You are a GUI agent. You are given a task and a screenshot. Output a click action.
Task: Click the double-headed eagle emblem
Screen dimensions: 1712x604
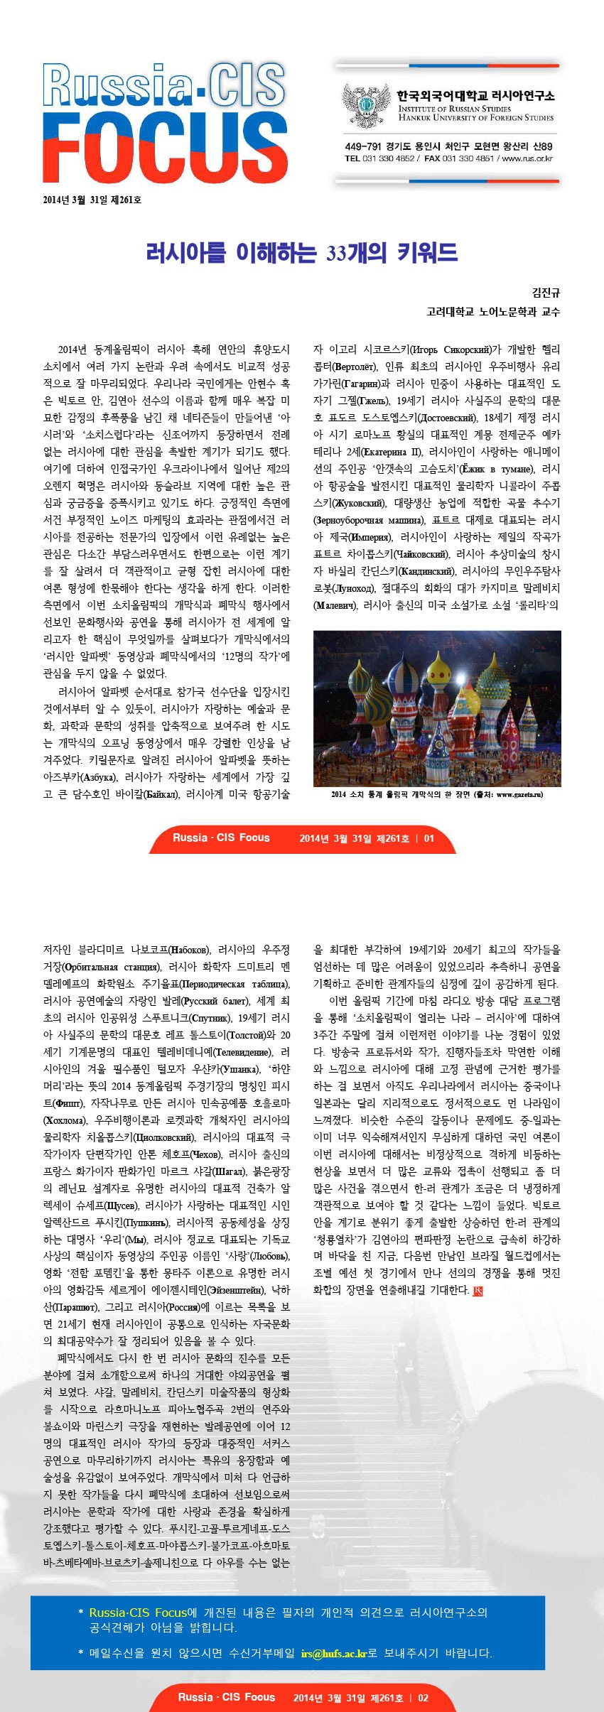(x=366, y=106)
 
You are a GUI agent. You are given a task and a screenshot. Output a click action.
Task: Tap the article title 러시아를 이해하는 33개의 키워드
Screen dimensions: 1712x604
(x=301, y=252)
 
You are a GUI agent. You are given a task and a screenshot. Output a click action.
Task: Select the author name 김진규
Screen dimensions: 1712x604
(x=546, y=293)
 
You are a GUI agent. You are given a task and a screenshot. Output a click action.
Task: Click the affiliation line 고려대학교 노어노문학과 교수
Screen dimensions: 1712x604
(x=492, y=311)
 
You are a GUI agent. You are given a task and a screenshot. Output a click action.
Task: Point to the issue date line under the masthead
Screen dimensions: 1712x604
(x=92, y=200)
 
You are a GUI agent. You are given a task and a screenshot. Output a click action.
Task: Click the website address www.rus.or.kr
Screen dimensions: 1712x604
(x=527, y=158)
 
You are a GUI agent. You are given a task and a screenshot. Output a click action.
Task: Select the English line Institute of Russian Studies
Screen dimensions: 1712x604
(x=454, y=109)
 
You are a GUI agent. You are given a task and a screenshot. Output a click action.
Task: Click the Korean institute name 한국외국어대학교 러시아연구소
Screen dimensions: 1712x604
(x=475, y=95)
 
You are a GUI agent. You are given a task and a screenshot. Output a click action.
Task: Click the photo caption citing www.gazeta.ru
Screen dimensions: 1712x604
(x=436, y=794)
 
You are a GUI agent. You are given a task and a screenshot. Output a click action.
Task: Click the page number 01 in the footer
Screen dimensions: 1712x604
(x=428, y=838)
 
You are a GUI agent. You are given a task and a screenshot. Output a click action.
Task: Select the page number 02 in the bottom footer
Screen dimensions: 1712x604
(x=423, y=1698)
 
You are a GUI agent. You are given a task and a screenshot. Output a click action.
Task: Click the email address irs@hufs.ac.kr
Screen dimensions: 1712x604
(x=333, y=1654)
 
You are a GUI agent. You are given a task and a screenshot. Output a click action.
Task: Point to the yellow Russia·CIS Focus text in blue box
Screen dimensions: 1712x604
(x=138, y=1613)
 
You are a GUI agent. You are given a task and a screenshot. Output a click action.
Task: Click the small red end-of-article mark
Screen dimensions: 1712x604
(x=478, y=1291)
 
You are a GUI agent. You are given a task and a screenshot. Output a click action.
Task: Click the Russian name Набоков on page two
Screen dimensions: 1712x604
(x=190, y=950)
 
